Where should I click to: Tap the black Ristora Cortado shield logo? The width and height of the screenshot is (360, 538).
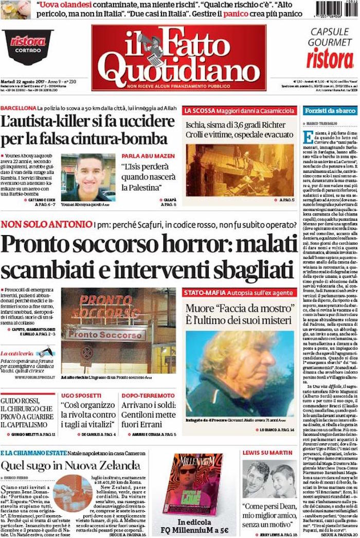[28, 46]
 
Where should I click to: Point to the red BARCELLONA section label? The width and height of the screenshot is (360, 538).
[18, 109]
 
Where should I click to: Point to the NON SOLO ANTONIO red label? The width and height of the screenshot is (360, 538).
[46, 224]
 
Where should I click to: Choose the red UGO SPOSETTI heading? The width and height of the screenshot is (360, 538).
[81, 396]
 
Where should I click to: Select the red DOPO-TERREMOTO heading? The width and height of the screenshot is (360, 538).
[149, 396]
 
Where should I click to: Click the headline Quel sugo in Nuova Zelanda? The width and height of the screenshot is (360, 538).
[70, 466]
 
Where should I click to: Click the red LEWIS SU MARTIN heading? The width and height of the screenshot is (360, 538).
[267, 453]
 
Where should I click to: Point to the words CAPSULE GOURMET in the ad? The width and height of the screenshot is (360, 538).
[329, 36]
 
